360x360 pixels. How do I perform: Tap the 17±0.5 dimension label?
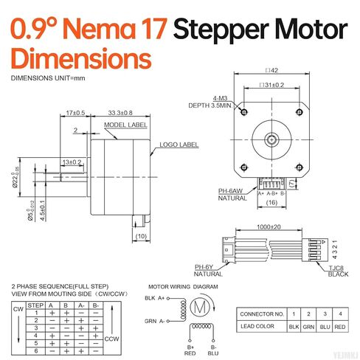75,113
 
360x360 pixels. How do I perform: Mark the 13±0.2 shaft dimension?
72,162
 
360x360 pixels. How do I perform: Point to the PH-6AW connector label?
230,191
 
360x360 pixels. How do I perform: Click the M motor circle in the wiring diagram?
198,305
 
